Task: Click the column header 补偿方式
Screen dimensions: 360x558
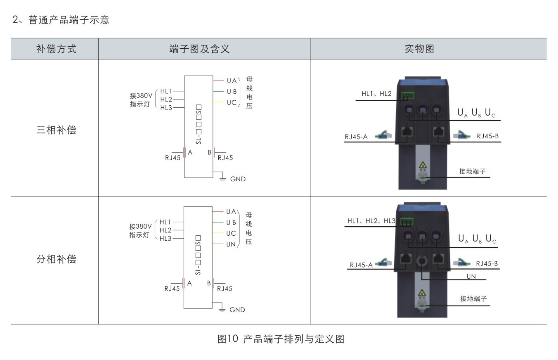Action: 56,49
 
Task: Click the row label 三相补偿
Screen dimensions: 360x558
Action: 56,130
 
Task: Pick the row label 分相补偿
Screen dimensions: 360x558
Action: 56,259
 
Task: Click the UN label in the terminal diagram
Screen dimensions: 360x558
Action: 231,244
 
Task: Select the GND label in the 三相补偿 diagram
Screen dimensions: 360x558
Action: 238,179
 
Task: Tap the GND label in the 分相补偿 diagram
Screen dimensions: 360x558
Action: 237,310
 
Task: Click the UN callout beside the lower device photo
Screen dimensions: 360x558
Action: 471,276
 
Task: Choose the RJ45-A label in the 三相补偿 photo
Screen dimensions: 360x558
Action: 356,136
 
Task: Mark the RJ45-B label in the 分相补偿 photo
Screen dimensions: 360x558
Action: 487,263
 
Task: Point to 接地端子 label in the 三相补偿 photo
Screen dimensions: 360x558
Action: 473,171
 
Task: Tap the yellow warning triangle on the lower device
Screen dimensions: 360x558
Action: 422,294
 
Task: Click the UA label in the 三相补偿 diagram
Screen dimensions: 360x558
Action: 232,81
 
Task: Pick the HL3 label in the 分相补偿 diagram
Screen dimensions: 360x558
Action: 166,239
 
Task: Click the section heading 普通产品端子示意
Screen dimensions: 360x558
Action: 69,20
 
